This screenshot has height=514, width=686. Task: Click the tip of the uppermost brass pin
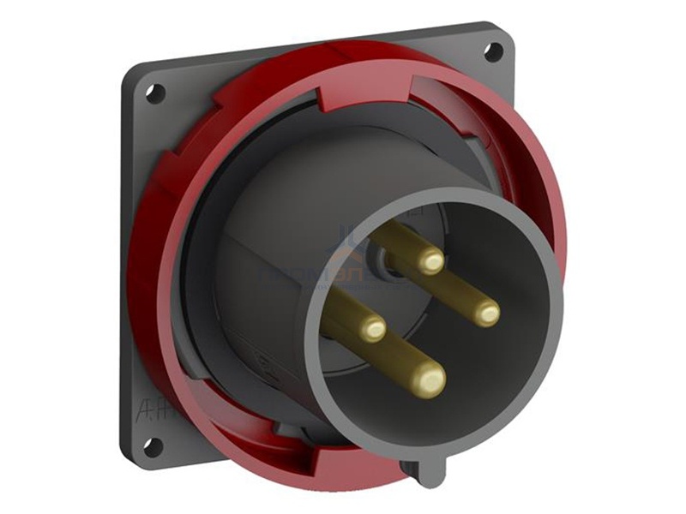[430, 260]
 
